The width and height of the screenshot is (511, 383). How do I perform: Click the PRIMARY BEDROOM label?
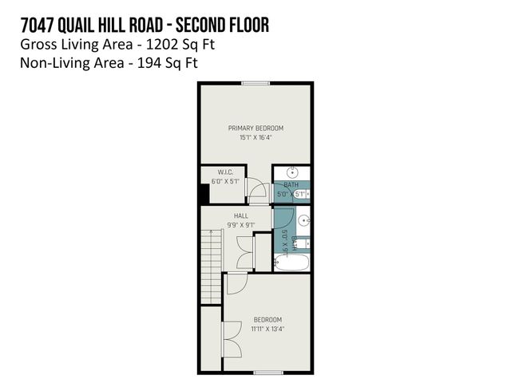pyautogui.click(x=255, y=128)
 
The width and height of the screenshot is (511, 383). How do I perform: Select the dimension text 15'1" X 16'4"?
pyautogui.click(x=255, y=137)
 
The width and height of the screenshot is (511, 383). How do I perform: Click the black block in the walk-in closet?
pyautogui.click(x=204, y=193)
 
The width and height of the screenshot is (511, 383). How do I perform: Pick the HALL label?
pyautogui.click(x=240, y=215)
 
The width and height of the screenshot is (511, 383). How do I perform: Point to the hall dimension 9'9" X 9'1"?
pyautogui.click(x=240, y=225)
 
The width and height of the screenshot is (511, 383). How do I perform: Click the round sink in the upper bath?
pyautogui.click(x=292, y=173)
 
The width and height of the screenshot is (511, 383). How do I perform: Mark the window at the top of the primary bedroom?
pyautogui.click(x=255, y=83)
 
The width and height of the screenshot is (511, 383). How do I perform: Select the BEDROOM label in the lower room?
pyautogui.click(x=267, y=319)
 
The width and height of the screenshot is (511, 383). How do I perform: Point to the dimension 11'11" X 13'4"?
pyautogui.click(x=267, y=329)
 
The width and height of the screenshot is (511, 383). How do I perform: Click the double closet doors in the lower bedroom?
pyautogui.click(x=232, y=339)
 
